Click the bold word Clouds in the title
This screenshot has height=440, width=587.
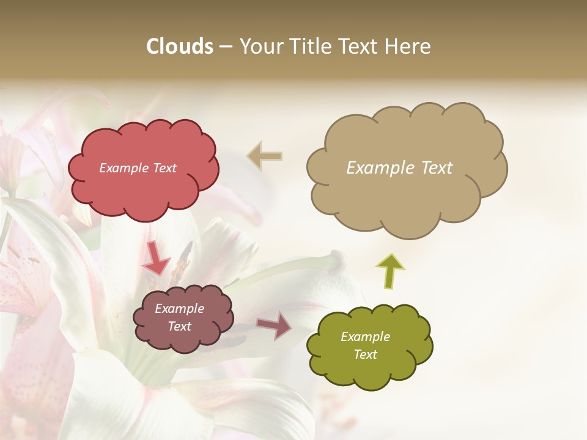point(180,46)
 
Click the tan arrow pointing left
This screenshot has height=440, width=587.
point(265,156)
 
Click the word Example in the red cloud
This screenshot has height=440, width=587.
point(124,168)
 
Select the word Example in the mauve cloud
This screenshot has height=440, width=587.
point(179,309)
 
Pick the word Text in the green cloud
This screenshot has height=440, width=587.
point(365,354)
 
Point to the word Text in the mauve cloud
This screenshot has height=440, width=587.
point(179,326)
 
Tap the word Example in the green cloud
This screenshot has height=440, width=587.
point(365,337)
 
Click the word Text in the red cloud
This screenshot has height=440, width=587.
point(164,168)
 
